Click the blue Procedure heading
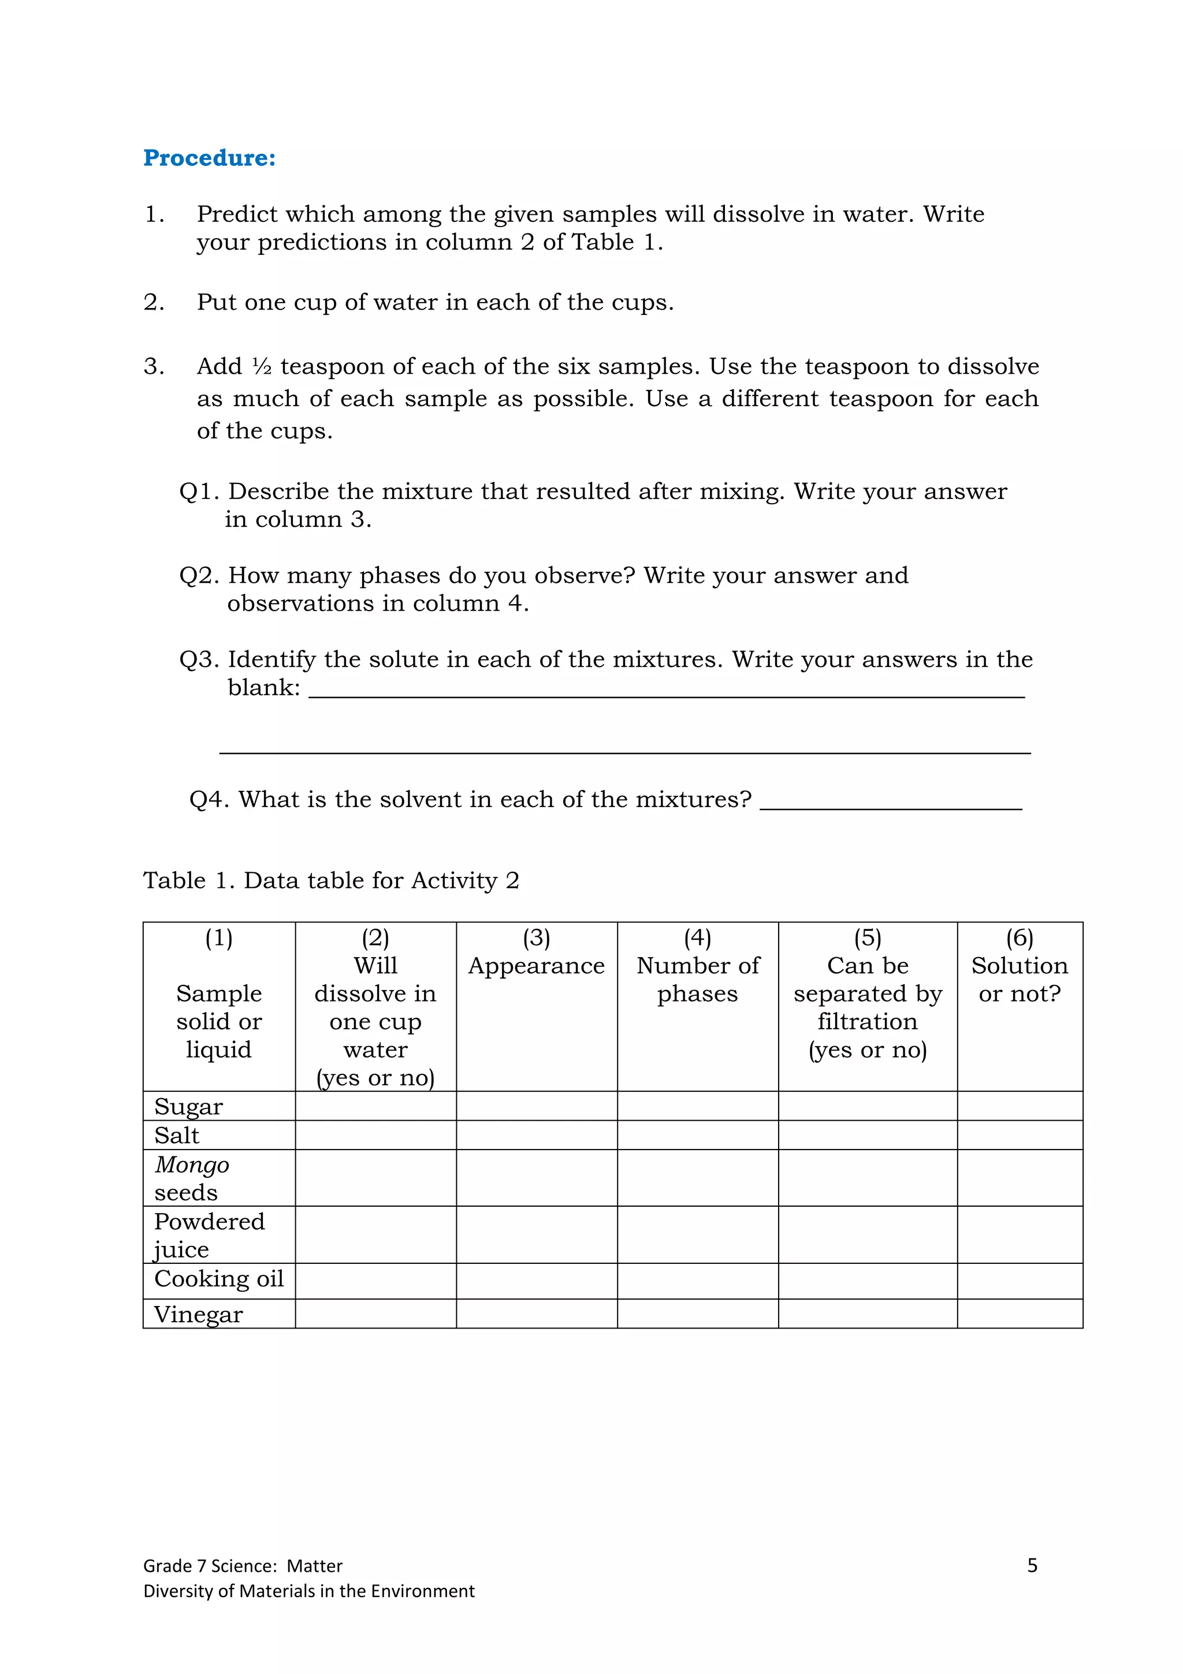(x=209, y=158)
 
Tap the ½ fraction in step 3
(x=262, y=366)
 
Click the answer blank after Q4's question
(x=890, y=802)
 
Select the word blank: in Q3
(x=264, y=687)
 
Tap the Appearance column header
(x=537, y=965)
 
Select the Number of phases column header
(x=698, y=979)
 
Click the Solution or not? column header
(x=1019, y=979)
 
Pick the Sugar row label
(x=188, y=1106)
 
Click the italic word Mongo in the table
(x=192, y=1165)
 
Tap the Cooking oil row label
(x=219, y=1278)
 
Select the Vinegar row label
(x=198, y=1314)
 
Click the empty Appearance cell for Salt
(x=537, y=1135)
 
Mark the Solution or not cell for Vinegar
(x=1019, y=1313)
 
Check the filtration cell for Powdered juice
(x=868, y=1234)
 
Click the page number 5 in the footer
(x=1032, y=1565)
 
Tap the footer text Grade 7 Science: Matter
(x=243, y=1566)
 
